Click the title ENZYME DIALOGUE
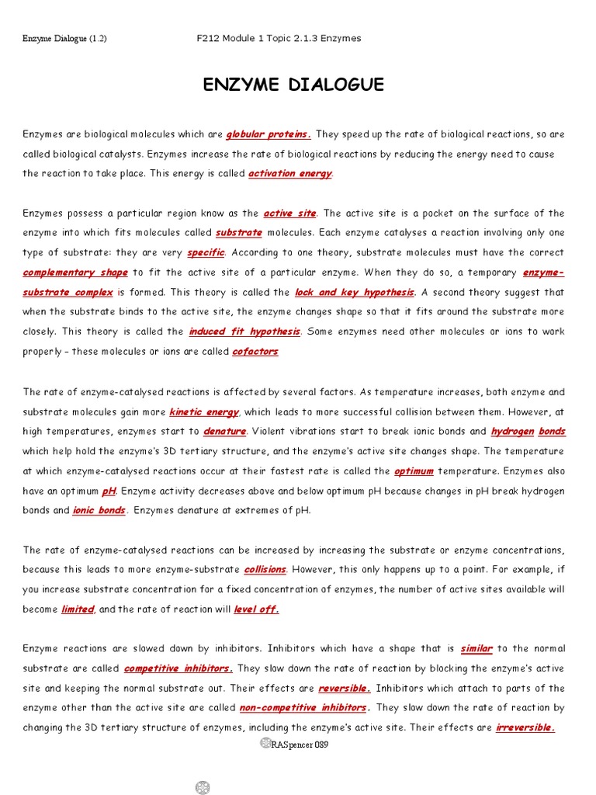click(293, 85)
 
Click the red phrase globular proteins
click(269, 134)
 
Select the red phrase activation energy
click(289, 173)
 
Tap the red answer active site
click(289, 213)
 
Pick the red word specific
click(206, 252)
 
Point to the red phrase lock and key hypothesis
click(355, 292)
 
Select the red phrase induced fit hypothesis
click(244, 332)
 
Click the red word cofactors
click(255, 352)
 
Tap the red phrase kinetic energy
click(204, 411)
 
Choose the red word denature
click(225, 431)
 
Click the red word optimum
click(413, 470)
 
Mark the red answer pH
click(109, 491)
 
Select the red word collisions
click(265, 569)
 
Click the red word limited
click(78, 609)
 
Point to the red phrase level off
click(256, 609)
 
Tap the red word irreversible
click(525, 727)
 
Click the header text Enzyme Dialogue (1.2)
click(64, 39)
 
